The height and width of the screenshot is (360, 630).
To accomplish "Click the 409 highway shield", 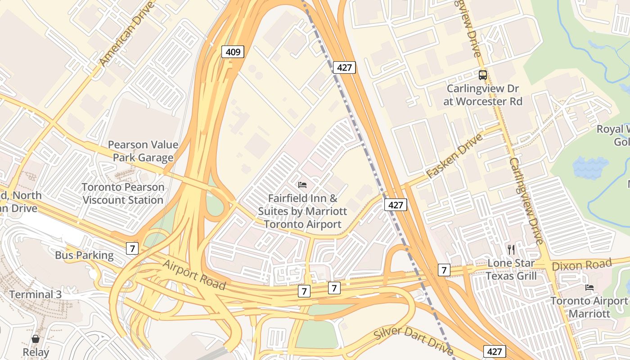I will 233,52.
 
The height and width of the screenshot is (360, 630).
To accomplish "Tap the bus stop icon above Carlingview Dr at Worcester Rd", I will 483,75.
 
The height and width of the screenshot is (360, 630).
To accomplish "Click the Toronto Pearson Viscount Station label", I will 123,193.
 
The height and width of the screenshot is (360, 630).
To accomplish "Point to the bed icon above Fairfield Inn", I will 302,185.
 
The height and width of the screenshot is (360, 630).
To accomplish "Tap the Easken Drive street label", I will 454,155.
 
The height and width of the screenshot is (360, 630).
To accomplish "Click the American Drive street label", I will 127,33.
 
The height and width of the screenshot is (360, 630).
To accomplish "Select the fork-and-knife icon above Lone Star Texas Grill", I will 511,249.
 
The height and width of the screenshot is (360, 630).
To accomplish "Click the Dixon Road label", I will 582,264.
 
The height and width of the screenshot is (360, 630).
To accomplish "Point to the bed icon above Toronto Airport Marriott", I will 589,287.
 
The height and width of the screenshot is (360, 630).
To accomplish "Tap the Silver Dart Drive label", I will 414,340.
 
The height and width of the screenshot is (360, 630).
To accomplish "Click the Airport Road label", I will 194,274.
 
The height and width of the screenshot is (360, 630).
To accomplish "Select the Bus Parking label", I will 84,255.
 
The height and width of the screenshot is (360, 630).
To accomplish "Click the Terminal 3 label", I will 36,295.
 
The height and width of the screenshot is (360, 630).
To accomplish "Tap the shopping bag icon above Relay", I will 36,339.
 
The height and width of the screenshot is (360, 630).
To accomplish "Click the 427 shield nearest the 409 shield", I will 344,68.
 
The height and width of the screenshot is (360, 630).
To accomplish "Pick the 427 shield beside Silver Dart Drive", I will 495,351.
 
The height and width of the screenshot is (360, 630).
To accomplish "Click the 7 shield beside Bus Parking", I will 132,248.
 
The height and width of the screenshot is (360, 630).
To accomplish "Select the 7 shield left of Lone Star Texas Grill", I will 444,270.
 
